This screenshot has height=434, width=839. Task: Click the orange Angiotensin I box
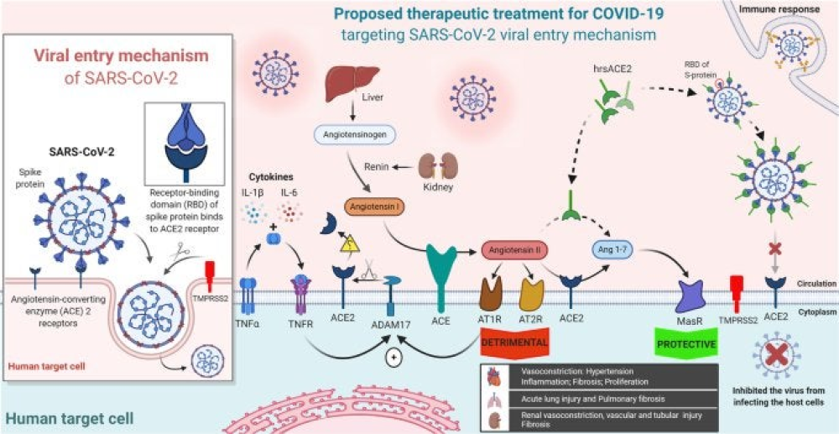[x=373, y=205]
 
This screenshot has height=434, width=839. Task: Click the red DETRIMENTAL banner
[x=513, y=343]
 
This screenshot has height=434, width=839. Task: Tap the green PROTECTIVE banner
[x=685, y=343]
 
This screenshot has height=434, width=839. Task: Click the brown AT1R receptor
[x=492, y=290]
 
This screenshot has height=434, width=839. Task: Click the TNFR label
[x=301, y=321]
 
